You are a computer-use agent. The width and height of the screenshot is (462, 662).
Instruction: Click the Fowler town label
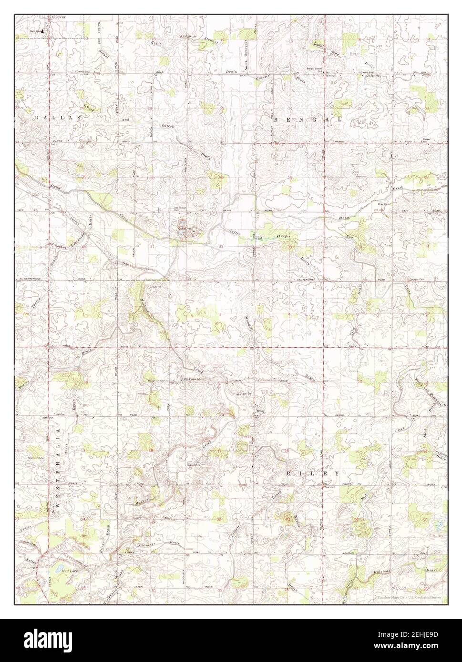(61, 17)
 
